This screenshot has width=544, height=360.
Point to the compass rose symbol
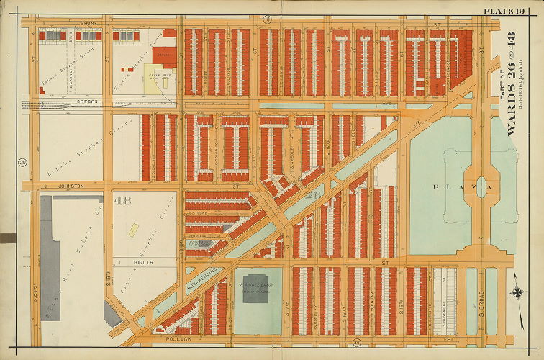[517, 292]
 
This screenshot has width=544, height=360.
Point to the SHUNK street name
[87, 22]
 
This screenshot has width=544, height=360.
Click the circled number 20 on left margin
[22, 161]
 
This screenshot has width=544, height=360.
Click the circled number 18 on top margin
[266, 18]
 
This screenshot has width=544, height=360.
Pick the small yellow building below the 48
[133, 230]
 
